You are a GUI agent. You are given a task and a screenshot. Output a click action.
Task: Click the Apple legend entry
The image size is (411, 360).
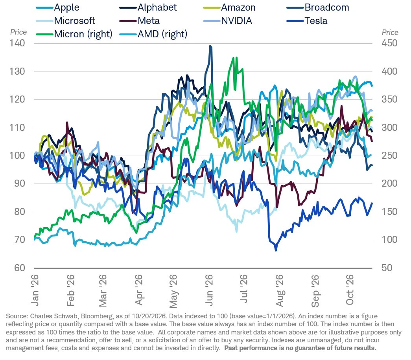pyautogui.click(x=58, y=7)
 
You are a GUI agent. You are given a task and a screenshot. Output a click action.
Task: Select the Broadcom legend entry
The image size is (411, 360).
pyautogui.click(x=318, y=7)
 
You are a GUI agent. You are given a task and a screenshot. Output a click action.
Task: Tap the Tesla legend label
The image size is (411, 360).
pyautogui.click(x=316, y=21)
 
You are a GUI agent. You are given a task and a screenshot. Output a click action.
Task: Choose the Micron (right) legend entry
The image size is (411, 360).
pyautogui.click(x=74, y=34)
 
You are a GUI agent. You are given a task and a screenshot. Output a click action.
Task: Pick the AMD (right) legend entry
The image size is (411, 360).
pyautogui.click(x=153, y=34)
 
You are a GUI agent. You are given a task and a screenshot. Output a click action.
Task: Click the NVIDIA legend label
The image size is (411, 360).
pyautogui.click(x=236, y=21)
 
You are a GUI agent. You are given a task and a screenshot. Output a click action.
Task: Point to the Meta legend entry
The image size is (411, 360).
pyautogui.click(x=140, y=21)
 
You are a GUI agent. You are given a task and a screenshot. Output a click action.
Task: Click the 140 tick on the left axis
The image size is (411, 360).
pyautogui.click(x=17, y=43)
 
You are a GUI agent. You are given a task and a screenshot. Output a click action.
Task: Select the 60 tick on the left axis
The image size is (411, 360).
pyautogui.click(x=20, y=268)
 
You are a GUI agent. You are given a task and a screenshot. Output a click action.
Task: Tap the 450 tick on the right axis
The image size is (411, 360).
pyautogui.click(x=389, y=43)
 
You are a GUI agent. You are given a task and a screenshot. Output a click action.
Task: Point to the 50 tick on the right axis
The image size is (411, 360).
pyautogui.click(x=387, y=268)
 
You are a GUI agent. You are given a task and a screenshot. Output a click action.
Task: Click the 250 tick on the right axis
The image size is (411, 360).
pyautogui.click(x=389, y=155)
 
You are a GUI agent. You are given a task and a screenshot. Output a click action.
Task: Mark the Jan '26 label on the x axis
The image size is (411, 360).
pyautogui.click(x=35, y=290)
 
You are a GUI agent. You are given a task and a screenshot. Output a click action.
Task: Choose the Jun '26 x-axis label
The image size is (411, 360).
pyautogui.click(x=209, y=290)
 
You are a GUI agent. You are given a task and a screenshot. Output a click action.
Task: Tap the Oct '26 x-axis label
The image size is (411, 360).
pyautogui.click(x=350, y=290)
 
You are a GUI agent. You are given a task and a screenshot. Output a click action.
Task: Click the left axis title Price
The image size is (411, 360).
pyautogui.click(x=18, y=32)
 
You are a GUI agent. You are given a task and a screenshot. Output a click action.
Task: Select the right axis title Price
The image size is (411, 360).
pyautogui.click(x=390, y=32)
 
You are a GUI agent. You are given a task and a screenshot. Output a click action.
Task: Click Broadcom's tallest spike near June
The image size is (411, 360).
pyautogui.click(x=210, y=46)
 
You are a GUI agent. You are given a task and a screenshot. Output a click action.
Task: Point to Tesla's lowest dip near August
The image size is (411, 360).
pyautogui.click(x=276, y=250)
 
